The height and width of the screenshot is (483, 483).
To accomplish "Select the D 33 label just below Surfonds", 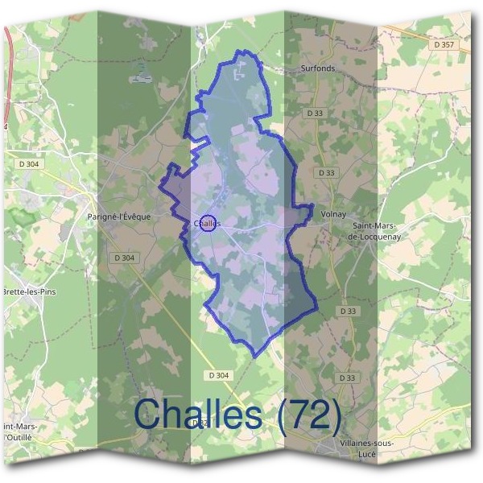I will (315, 114).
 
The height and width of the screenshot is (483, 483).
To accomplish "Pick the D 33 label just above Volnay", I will (326, 173).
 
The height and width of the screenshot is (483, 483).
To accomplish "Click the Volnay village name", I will (333, 214).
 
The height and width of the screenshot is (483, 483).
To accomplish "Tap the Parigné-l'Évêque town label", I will (118, 217).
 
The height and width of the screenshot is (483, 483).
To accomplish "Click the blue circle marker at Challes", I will (208, 223).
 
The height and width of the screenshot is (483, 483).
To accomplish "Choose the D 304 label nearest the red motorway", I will (28, 164).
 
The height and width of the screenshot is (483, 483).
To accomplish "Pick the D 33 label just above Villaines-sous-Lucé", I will (347, 378).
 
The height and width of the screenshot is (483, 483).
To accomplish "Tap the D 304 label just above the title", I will (218, 375).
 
